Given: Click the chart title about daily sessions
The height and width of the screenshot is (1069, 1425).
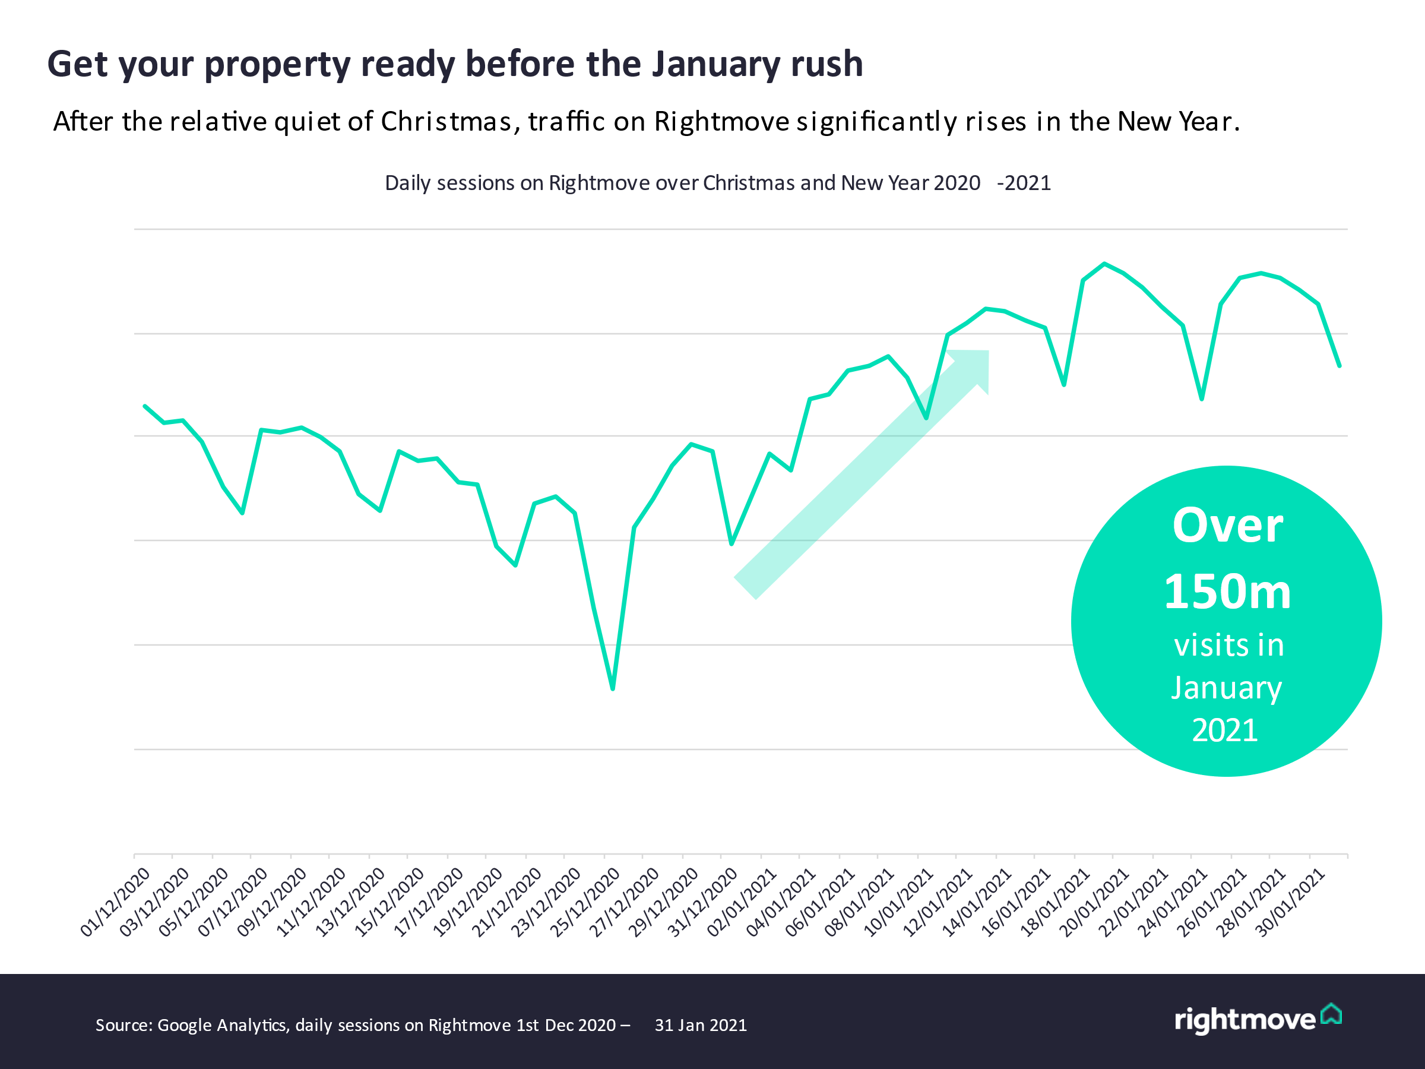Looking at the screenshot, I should tap(717, 183).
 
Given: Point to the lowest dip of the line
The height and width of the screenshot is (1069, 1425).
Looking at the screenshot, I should tap(613, 689).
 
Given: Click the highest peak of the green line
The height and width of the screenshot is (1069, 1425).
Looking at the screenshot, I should tap(1104, 264).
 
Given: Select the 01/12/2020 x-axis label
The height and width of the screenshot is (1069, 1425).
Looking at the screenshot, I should tap(115, 902).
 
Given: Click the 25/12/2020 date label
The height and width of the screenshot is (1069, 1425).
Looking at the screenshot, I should tap(585, 902).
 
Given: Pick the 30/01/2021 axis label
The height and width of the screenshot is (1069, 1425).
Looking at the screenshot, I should tap(1290, 902).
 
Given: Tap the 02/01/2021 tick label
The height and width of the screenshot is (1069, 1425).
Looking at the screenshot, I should tap(742, 902).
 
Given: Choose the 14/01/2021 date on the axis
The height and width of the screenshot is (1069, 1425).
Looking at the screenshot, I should tap(977, 902).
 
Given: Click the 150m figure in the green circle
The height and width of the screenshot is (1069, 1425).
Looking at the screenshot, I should tap(1227, 592).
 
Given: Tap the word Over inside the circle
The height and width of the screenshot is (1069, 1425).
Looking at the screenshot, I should tap(1227, 526).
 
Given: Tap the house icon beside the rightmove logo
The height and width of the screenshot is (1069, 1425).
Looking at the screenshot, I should tap(1332, 1014).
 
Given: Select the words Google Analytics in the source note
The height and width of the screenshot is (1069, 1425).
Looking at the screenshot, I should tap(222, 1025).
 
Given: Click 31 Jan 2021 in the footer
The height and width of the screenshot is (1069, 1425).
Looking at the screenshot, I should tap(700, 1025).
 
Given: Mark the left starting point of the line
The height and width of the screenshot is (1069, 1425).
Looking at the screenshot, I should tap(145, 407).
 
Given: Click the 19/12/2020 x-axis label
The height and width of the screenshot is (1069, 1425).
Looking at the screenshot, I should tap(467, 902).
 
